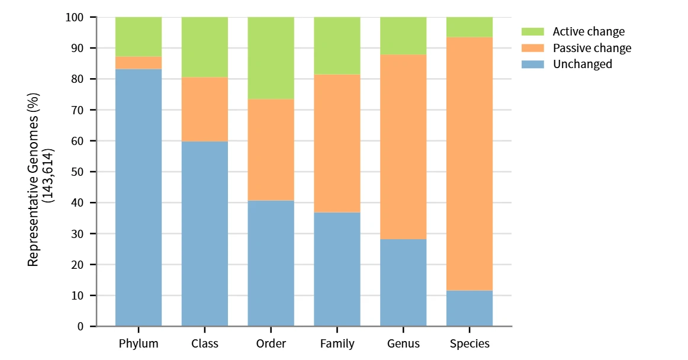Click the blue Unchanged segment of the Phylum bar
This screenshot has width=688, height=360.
(x=139, y=197)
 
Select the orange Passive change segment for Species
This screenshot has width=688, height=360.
(x=470, y=163)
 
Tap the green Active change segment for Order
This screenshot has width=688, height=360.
(x=271, y=58)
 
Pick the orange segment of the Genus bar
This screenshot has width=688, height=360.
(x=403, y=147)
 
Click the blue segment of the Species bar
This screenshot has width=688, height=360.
(x=470, y=308)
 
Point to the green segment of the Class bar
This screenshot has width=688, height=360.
(x=204, y=47)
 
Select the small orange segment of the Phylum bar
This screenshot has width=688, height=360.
(x=139, y=63)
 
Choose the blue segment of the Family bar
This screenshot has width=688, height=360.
(x=337, y=269)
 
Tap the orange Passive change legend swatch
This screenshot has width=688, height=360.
(x=532, y=48)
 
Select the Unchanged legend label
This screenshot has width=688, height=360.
(x=582, y=64)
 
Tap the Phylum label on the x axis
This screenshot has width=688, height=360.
(x=139, y=343)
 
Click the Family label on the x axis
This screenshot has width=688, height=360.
(x=337, y=343)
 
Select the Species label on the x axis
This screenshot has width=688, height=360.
(x=470, y=343)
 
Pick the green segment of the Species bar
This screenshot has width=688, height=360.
(x=470, y=27)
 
